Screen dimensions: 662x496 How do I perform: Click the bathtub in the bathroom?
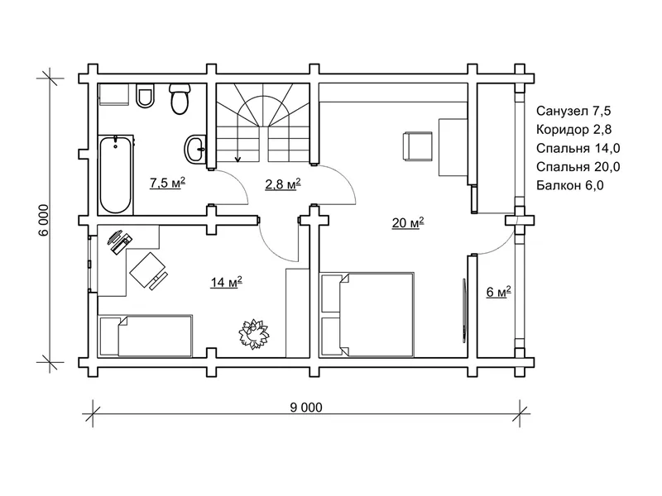pyautogui.click(x=116, y=175)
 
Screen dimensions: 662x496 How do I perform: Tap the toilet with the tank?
pyautogui.click(x=180, y=99)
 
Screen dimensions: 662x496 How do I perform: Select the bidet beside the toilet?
pyautogui.click(x=146, y=96)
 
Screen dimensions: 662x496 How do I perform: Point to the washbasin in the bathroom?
pyautogui.click(x=195, y=148)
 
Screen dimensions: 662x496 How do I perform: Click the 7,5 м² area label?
pyautogui.click(x=168, y=183)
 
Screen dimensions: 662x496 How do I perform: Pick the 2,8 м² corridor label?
pyautogui.click(x=283, y=184)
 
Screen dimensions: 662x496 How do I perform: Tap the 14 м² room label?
pyautogui.click(x=226, y=282)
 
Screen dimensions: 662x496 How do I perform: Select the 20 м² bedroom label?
pyautogui.click(x=408, y=222)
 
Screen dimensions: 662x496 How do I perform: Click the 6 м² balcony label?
pyautogui.click(x=499, y=292)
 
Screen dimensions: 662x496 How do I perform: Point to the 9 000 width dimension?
pyautogui.click(x=306, y=408)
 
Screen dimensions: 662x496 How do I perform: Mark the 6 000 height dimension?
pyautogui.click(x=45, y=221)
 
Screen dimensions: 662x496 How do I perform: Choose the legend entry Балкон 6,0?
pyautogui.click(x=570, y=185)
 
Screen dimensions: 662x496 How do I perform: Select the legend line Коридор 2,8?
pyautogui.click(x=573, y=130)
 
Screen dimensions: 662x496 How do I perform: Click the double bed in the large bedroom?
pyautogui.click(x=367, y=315)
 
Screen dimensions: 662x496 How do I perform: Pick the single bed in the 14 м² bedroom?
pyautogui.click(x=146, y=336)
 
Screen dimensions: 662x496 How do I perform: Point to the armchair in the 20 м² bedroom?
pyautogui.click(x=418, y=146)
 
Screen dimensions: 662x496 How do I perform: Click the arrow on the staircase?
pyautogui.click(x=237, y=141)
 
